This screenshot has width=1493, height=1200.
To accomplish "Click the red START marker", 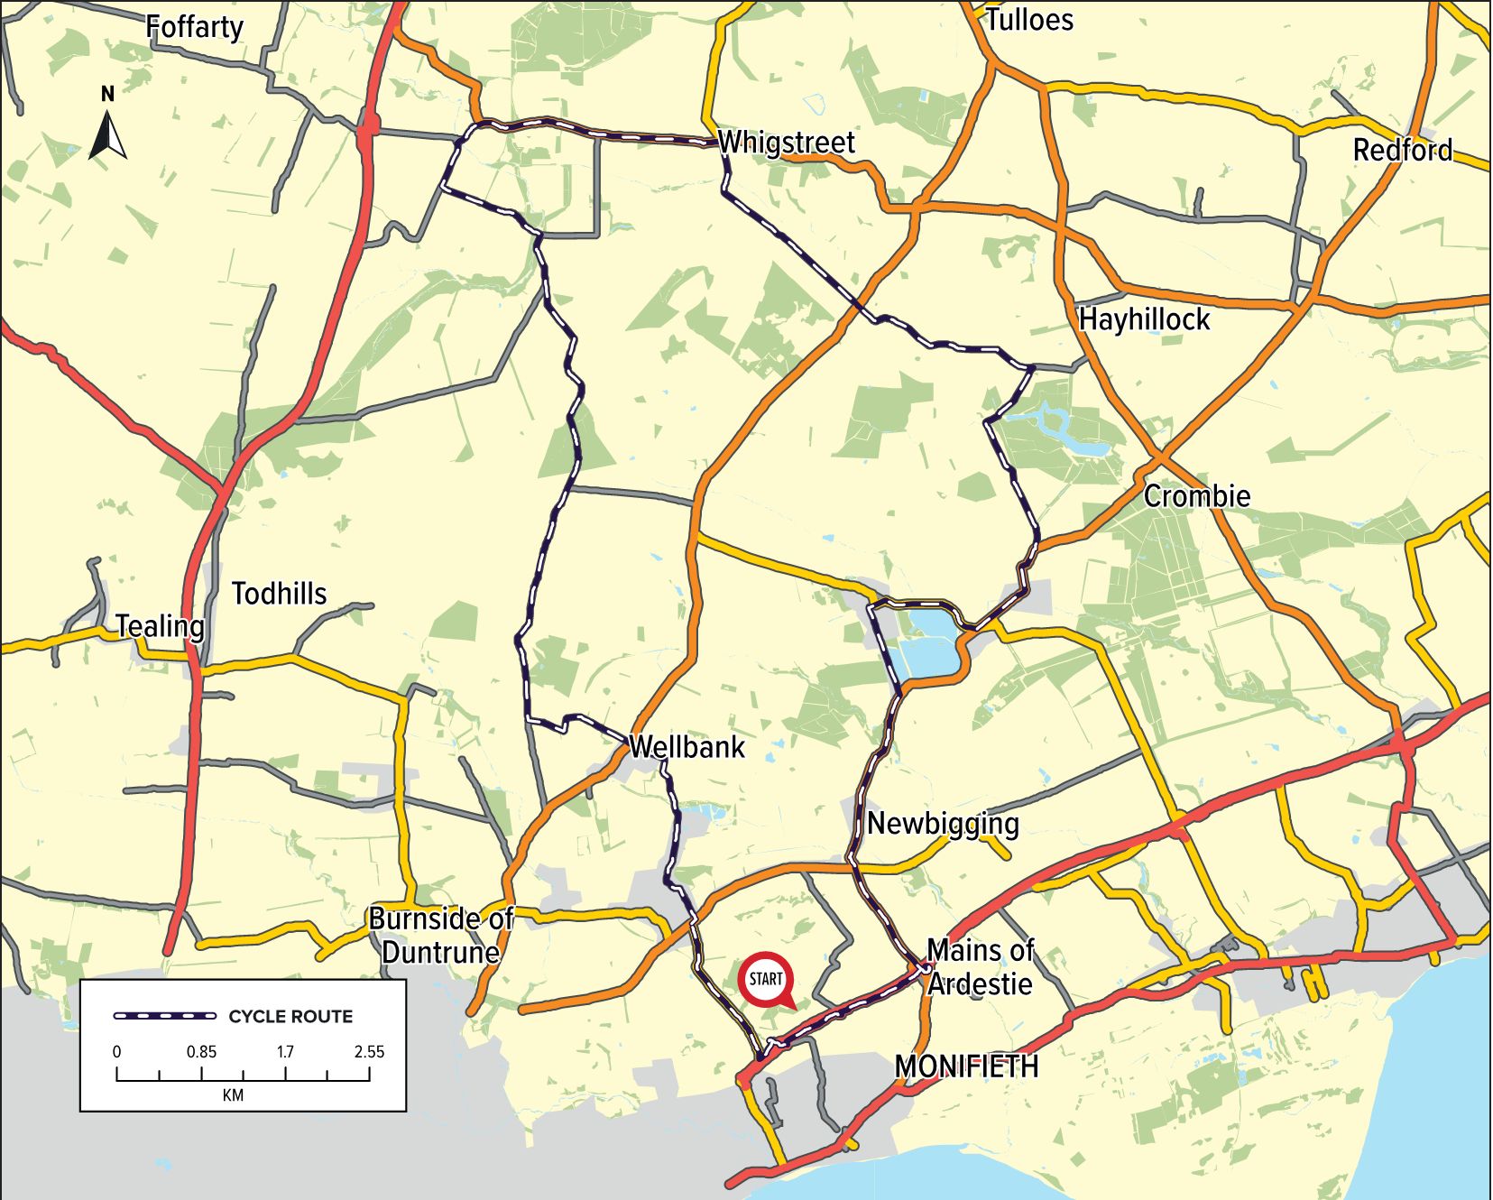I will (766, 979).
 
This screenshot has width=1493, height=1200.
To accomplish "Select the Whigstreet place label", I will (786, 143).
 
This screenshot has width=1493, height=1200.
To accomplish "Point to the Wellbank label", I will (687, 747).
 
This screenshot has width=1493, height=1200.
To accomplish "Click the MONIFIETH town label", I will (966, 1066).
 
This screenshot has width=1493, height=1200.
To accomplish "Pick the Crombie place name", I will (1197, 496).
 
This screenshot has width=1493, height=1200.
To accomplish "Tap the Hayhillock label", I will (1144, 319).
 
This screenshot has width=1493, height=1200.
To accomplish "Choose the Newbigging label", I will (943, 823).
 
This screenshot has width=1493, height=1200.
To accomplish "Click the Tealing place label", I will (160, 626).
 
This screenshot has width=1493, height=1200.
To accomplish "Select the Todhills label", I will (279, 594).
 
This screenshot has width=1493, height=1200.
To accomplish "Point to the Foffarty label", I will (194, 27).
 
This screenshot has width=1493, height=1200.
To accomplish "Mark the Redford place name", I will (1402, 150).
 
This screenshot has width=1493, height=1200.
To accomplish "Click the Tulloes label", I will (1029, 20).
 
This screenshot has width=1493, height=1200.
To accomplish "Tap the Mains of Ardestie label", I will (980, 966).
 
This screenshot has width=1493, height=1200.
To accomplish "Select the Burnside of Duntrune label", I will (441, 936).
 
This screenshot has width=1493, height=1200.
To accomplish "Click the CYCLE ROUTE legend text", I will (290, 1017).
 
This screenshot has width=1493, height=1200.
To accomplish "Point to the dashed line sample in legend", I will (165, 1017).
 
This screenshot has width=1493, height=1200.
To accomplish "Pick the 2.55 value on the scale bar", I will (369, 1051).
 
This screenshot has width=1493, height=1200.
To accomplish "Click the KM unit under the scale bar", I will (233, 1095).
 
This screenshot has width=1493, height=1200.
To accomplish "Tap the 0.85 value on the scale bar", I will (201, 1051).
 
